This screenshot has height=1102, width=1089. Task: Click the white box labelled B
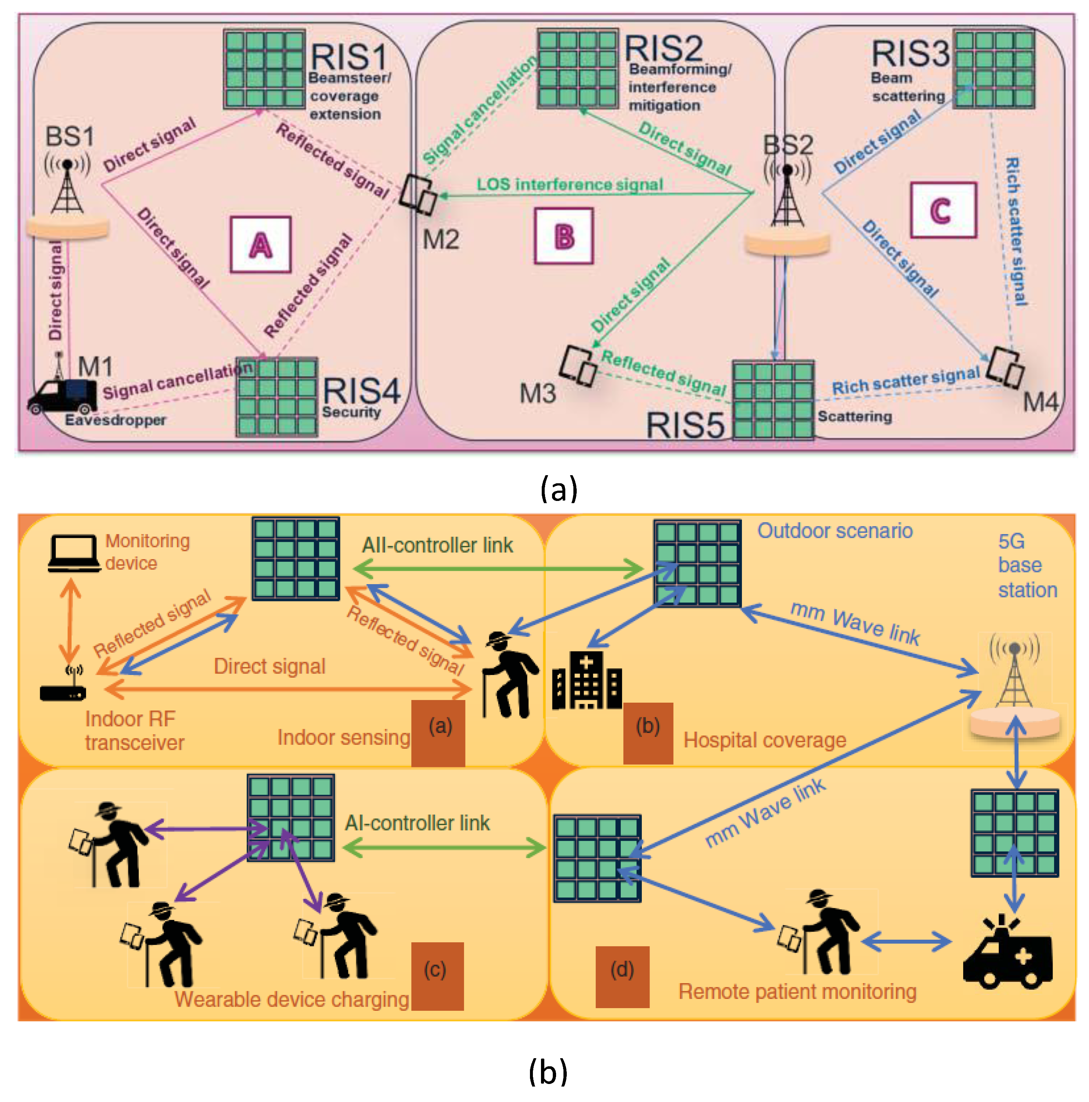click(563, 236)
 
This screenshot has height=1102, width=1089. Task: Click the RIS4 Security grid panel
click(277, 397)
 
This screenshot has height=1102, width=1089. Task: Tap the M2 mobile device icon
click(418, 194)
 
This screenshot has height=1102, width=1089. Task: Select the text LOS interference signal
click(569, 184)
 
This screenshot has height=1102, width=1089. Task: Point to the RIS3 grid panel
click(994, 70)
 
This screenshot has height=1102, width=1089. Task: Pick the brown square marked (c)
click(437, 975)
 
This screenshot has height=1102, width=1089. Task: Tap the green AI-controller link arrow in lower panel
click(445, 848)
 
